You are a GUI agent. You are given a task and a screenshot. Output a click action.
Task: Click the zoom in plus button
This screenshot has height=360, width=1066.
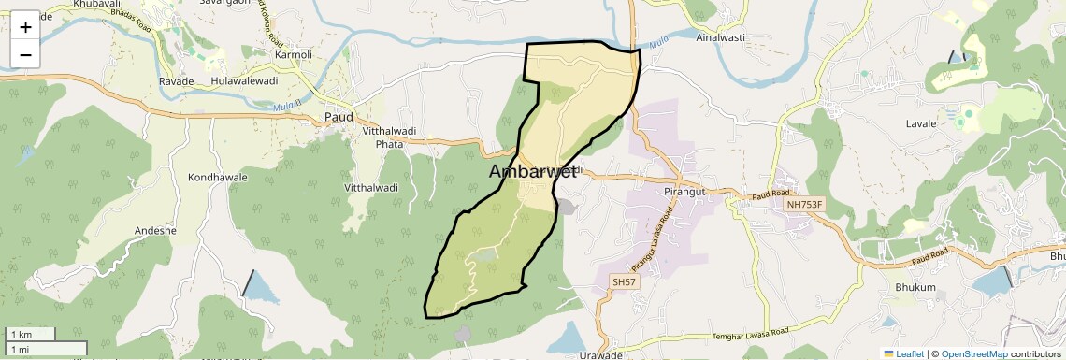tap(25, 27)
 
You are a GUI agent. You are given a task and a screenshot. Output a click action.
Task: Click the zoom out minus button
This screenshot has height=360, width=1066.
tap(25, 54)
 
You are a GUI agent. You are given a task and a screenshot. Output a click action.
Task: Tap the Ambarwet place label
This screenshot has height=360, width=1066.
tap(532, 172)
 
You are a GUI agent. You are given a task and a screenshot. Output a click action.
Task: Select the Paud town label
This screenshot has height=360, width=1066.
tap(338, 117)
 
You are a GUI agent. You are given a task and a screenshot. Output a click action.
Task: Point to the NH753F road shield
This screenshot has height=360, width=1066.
tap(806, 204)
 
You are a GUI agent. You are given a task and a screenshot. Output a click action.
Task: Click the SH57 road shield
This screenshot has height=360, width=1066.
tap(623, 281)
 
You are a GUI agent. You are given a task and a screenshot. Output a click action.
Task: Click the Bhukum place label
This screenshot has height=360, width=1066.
tap(915, 287)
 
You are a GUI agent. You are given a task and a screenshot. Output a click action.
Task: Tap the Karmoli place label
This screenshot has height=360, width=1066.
tap(293, 54)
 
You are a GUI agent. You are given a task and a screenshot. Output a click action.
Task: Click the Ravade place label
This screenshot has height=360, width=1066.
tap(176, 81)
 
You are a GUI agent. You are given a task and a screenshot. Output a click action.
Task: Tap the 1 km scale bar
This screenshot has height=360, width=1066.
tap(29, 334)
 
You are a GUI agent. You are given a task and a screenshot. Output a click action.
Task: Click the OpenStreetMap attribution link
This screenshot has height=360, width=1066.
tap(973, 353)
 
